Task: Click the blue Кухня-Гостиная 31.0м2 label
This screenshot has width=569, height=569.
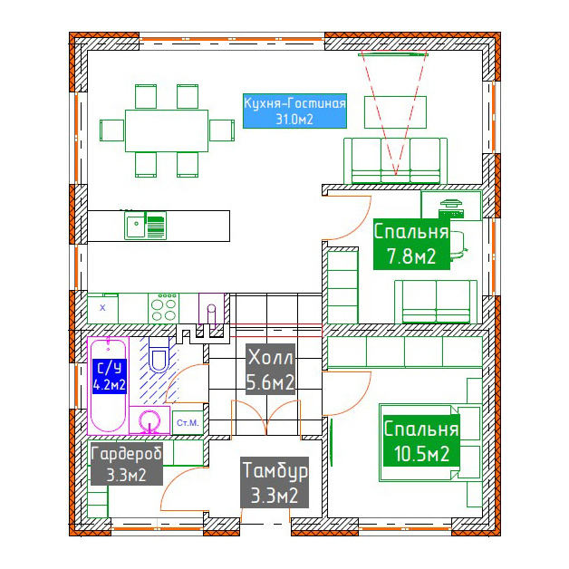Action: tap(294, 111)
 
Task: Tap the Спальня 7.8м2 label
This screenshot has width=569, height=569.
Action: tap(411, 244)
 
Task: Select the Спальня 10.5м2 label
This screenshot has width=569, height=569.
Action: tap(421, 441)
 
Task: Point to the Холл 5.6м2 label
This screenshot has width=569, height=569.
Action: tap(270, 370)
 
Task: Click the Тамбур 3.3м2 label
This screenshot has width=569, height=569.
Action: tap(275, 482)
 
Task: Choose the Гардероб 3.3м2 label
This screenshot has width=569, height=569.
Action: tap(126, 463)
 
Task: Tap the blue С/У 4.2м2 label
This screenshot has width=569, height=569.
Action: tap(110, 376)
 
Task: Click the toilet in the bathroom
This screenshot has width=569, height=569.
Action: tap(159, 354)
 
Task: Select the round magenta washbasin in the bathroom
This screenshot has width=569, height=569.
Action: tap(149, 422)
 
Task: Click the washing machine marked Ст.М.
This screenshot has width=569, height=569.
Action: tap(188, 423)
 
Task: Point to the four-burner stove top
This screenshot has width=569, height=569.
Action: tap(163, 308)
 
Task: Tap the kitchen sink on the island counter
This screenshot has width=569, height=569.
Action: tap(146, 226)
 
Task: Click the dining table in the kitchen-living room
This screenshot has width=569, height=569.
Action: tap(167, 130)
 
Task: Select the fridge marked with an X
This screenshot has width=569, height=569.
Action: tap(102, 308)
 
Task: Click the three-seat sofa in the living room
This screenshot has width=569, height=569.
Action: tap(396, 160)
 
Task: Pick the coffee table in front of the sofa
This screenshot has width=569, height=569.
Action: tap(395, 112)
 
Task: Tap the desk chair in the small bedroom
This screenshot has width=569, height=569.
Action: tap(458, 246)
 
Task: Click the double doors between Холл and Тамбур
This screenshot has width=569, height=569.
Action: tap(266, 418)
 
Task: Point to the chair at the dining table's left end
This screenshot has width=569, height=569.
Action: tap(111, 130)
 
